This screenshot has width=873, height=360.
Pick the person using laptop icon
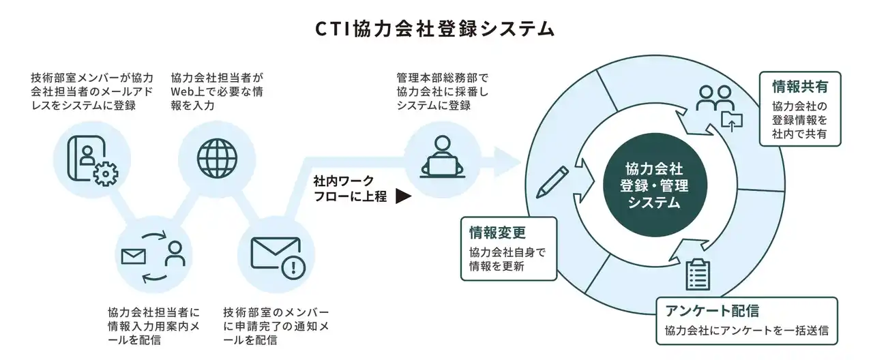pos(441,158)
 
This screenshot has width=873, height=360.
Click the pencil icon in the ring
pos(552,181)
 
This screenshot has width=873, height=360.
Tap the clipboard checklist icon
pos(698,274)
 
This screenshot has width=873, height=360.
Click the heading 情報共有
pos(800,87)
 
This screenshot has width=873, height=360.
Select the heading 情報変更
pos(497,232)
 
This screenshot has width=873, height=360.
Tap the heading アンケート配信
pos(712,312)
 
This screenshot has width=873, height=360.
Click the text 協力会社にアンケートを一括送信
pos(746,331)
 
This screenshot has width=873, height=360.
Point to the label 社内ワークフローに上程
pos(350,190)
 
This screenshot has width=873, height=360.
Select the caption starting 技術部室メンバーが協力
pos(91,91)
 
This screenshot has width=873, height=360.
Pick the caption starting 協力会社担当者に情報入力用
pos(153,325)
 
